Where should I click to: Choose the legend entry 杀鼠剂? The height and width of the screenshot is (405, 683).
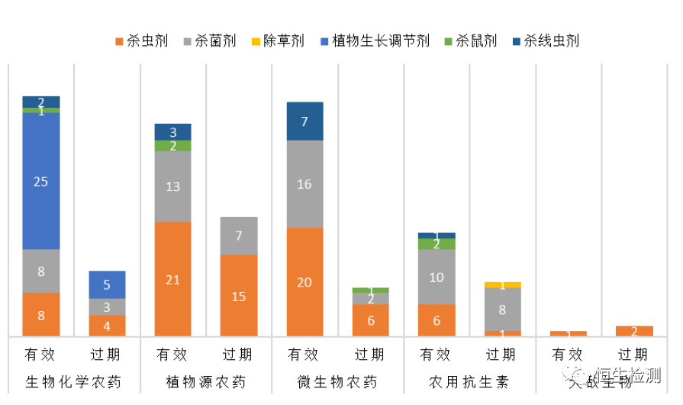coord(470,40)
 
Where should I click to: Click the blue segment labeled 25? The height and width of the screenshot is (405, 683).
coord(41,181)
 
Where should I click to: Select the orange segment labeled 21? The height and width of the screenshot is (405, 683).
coord(172,279)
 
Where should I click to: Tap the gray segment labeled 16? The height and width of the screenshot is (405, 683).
coord(304,184)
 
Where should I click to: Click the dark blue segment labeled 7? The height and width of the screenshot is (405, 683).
coord(304,122)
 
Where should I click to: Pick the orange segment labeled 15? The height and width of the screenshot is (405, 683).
coord(239,296)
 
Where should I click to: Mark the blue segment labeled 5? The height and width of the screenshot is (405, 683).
coord(107,285)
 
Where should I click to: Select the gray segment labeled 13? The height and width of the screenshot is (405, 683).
coord(172,186)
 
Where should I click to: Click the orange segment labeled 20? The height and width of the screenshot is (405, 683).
coord(304,282)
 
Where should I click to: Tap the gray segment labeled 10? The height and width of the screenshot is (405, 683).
coord(437,277)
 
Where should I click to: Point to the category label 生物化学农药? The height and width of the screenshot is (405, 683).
coord(74,381)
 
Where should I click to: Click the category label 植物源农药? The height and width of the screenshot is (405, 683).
coord(205,381)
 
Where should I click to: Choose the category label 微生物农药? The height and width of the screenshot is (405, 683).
coord(337,381)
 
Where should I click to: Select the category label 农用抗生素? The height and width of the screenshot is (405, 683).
coord(469,381)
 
